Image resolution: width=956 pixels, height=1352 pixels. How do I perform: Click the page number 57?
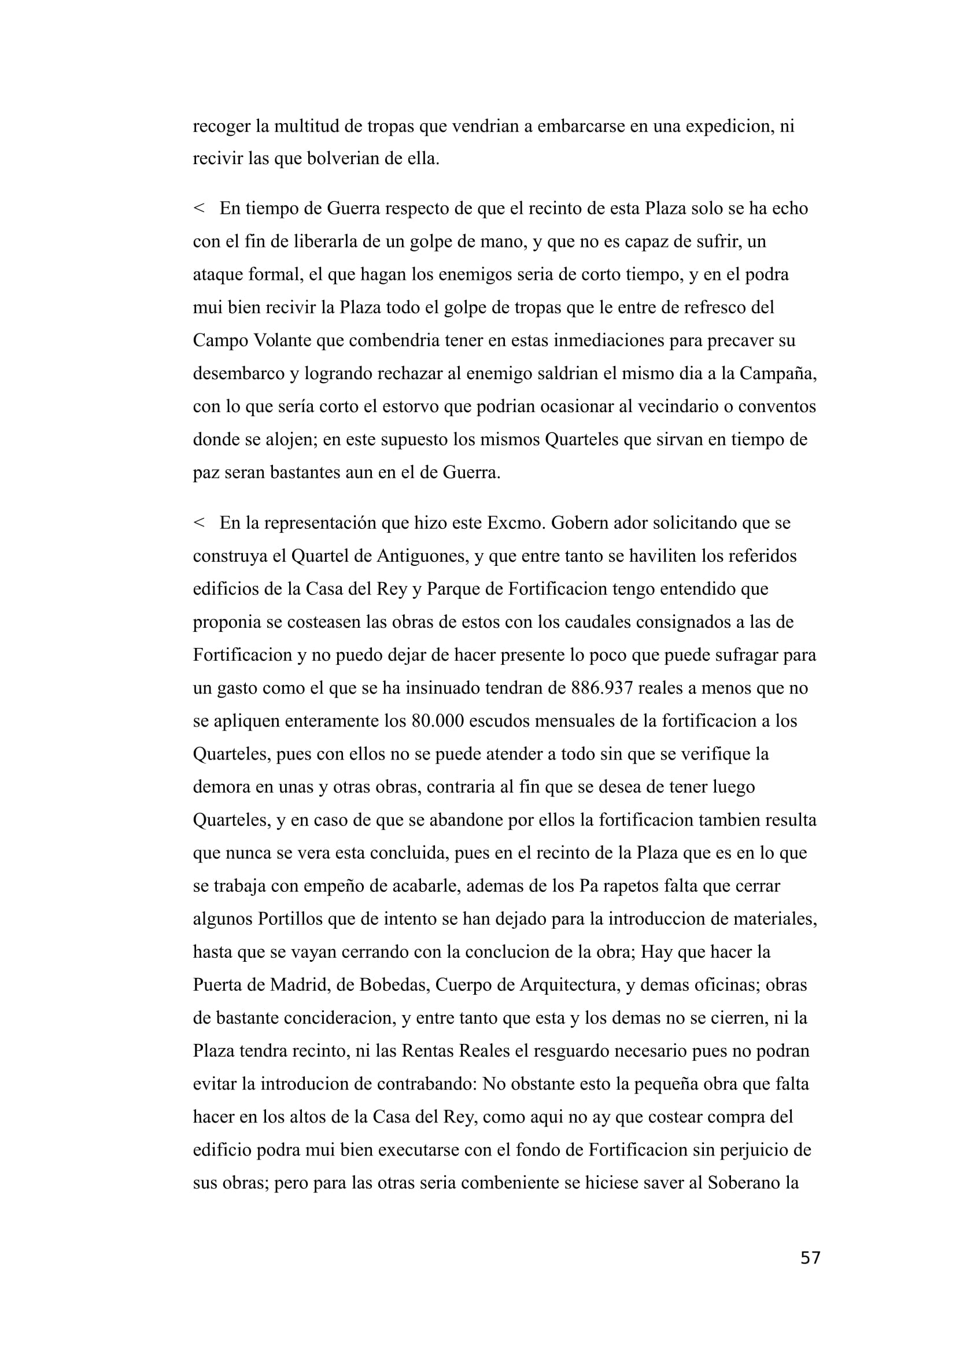tap(810, 1258)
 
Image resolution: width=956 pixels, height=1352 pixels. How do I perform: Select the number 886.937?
tap(602, 688)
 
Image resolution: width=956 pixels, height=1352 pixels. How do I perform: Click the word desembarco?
tap(238, 374)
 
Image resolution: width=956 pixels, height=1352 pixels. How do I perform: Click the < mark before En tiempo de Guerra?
tap(198, 209)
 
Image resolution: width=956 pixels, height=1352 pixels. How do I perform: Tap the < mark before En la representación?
tap(198, 523)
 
